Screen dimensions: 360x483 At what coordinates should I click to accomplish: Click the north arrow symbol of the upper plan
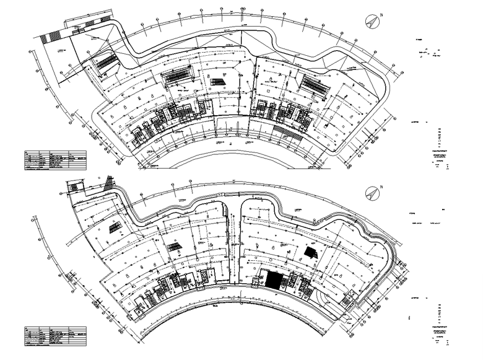[373, 21]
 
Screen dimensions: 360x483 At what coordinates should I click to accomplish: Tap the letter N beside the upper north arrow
[382, 15]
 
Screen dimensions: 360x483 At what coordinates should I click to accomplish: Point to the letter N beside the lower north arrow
[382, 187]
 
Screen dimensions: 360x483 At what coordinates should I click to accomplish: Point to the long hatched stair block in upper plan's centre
[178, 76]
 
